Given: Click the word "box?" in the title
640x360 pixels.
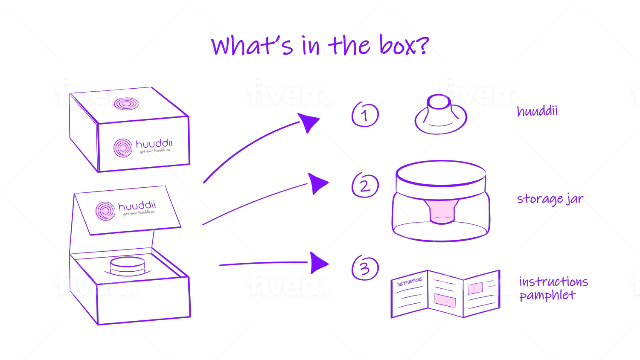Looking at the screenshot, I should point(403,45).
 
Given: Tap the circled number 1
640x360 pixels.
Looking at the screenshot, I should point(365,115).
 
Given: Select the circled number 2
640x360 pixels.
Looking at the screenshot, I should point(365,186).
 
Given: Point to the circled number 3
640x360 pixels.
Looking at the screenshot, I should point(365,269).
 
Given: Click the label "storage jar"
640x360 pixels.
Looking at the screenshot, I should point(550,199).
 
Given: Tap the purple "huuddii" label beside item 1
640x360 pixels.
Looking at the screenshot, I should point(537,112).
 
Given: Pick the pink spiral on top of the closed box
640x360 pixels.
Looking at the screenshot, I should point(125,103).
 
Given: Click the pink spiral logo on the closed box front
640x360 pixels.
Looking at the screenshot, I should point(122,148).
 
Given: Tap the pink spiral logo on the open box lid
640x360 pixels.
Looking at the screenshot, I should point(105,211).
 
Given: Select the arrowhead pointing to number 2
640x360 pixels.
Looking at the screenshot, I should point(318,183).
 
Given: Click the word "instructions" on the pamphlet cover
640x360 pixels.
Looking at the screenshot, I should point(410,282).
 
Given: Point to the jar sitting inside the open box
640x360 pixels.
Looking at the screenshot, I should point(128,266).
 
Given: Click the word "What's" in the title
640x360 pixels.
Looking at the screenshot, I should point(252,46).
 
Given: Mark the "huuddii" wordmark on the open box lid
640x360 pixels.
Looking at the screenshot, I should point(137,206).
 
